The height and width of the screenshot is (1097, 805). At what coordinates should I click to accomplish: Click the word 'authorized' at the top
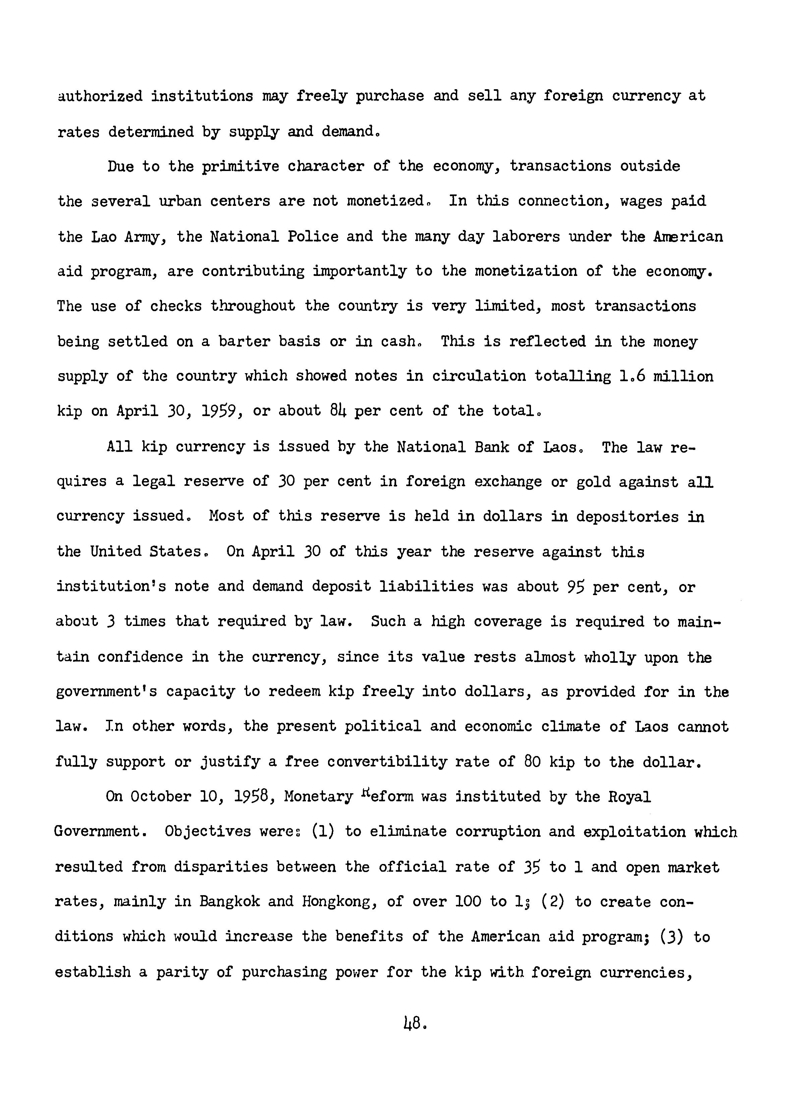pos(100,96)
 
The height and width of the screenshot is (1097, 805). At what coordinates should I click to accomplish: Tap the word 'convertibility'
pos(387,762)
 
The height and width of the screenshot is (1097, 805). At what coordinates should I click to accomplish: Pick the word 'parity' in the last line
pos(181,972)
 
